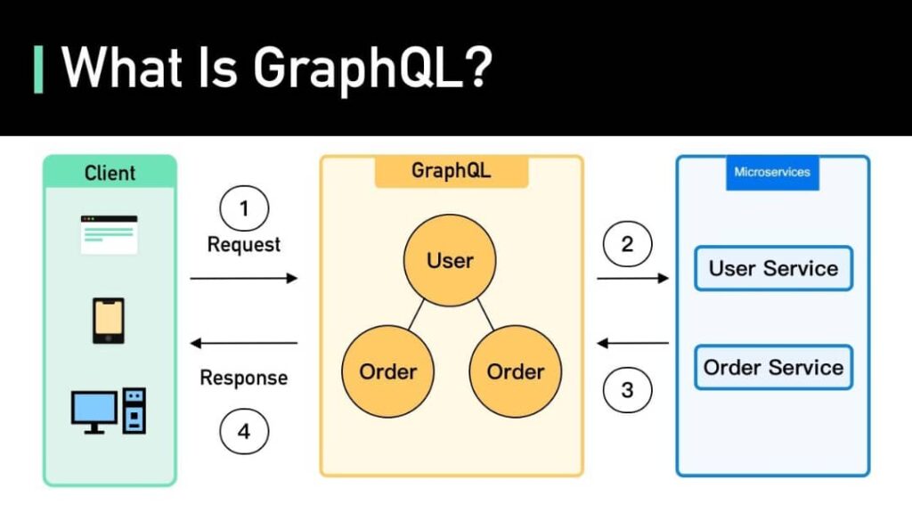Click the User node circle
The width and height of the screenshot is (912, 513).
[450, 260]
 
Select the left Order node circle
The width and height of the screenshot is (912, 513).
[388, 371]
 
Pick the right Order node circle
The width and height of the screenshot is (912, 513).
[516, 371]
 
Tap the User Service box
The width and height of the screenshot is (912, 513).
[773, 268]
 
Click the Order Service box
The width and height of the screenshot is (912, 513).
[773, 367]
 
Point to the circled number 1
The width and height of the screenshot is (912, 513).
[244, 210]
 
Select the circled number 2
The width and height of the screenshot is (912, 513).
[627, 244]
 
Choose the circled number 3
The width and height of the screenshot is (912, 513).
[627, 389]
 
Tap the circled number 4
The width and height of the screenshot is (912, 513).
[244, 432]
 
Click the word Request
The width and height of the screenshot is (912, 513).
[244, 244]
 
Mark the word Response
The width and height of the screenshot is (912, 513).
[244, 378]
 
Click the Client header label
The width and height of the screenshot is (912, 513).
[110, 173]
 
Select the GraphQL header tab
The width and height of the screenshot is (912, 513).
[451, 171]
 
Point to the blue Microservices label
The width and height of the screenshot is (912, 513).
[772, 172]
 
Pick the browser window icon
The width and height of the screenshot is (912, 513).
[109, 233]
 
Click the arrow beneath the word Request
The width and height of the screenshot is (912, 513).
[244, 278]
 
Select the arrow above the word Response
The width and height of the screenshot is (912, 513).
[244, 343]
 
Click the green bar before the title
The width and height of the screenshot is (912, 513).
[38, 69]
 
